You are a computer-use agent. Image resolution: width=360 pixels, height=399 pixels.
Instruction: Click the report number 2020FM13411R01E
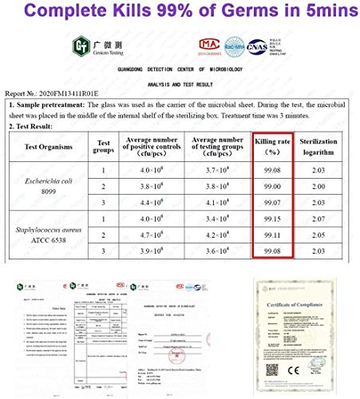[x=67, y=92]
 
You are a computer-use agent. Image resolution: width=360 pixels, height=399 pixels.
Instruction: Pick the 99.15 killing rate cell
[x=273, y=218]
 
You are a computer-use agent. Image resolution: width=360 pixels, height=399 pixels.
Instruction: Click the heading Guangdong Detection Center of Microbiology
[x=180, y=69]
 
